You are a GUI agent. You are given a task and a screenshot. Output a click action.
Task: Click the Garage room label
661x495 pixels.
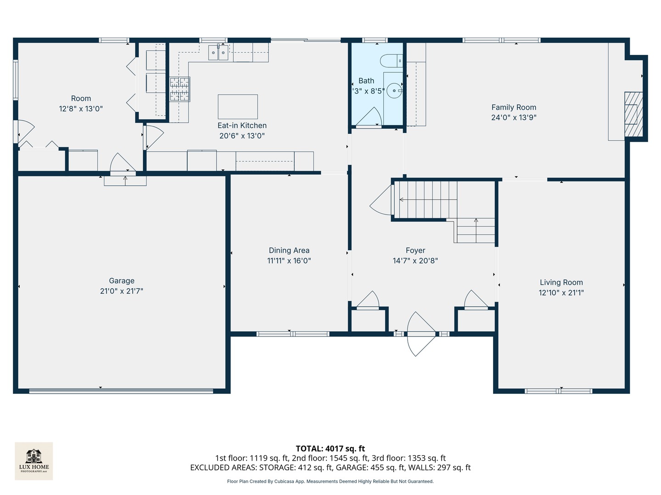tap(122, 280)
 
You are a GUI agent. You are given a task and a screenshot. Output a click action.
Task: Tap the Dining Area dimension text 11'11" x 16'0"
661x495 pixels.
tap(289, 261)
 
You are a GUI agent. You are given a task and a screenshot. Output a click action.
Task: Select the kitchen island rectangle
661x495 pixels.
tap(237, 106)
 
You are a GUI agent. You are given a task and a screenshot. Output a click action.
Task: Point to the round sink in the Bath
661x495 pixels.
tap(394, 91)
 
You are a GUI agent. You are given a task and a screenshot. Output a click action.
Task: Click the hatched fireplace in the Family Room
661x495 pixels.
tap(633, 114)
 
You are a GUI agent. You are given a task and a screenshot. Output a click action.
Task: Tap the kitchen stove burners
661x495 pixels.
tap(179, 89)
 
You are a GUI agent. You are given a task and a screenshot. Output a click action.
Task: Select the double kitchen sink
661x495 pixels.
tap(218, 53)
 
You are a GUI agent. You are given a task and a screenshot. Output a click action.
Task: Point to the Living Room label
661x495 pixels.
tap(561, 282)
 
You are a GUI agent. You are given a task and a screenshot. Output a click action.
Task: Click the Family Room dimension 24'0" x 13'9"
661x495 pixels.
tap(514, 117)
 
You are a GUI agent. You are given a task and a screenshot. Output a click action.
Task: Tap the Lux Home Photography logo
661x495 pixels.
tap(34, 461)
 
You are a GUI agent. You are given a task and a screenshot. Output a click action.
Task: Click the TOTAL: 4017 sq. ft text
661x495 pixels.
tap(330, 448)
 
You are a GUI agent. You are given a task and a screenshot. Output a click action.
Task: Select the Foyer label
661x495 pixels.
tap(415, 250)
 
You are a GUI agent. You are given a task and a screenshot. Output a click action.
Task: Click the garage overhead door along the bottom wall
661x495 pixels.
tap(121, 391)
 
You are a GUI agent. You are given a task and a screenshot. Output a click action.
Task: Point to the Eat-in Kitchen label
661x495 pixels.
tap(242, 125)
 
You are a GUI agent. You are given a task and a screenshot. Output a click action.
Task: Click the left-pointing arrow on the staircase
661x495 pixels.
tap(402, 199)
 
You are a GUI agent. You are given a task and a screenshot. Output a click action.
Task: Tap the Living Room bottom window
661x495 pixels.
tap(558, 391)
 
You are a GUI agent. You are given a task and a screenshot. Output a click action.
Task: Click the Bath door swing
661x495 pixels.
tap(370, 117)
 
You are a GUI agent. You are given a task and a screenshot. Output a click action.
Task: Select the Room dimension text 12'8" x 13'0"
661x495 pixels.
tap(81, 109)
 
